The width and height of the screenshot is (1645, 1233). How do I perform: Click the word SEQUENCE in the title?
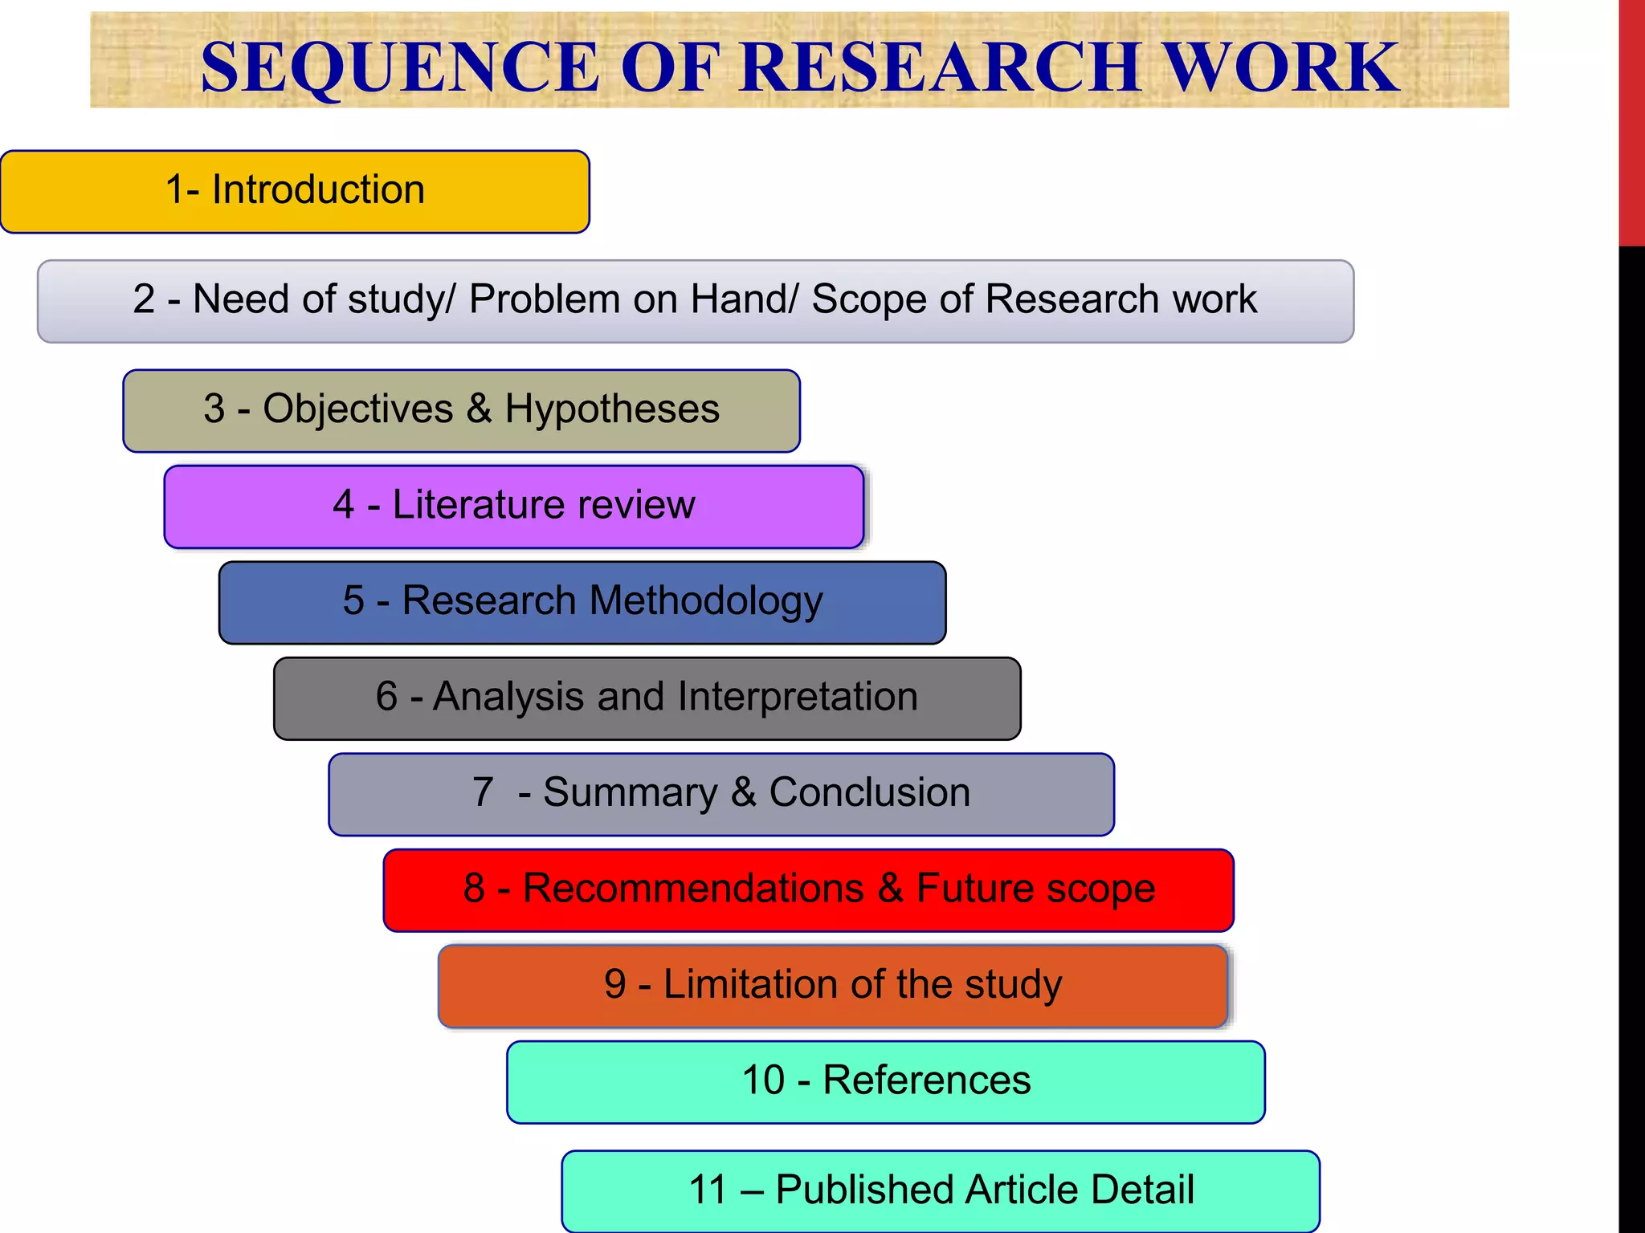399,67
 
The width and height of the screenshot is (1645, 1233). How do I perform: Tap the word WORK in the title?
1282,67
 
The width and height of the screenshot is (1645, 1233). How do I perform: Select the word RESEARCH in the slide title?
941,67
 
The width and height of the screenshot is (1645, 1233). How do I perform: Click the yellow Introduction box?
295,191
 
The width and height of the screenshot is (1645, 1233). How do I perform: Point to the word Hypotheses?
612,409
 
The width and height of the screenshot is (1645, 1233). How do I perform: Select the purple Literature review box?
514,506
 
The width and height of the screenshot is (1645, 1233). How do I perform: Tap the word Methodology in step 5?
706,601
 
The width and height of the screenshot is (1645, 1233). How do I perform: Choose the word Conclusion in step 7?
870,792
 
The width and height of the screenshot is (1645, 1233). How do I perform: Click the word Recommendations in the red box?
693,889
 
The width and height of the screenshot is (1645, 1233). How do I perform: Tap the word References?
927,1080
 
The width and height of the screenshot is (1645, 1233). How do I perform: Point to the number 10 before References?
763,1080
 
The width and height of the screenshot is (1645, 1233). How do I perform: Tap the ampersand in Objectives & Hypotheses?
479,409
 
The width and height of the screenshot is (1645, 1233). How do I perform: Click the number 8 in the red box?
474,889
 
